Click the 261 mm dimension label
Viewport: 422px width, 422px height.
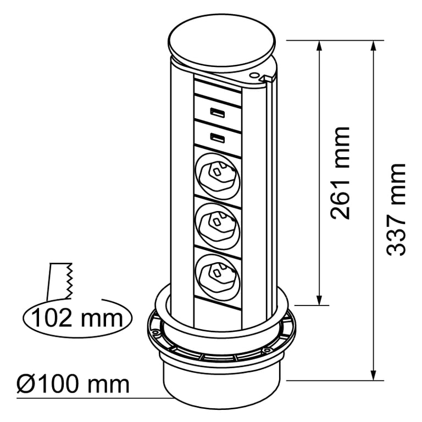[x=340, y=173]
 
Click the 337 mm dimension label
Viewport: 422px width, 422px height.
[x=396, y=210]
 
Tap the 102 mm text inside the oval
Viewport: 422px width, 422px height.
[x=77, y=318]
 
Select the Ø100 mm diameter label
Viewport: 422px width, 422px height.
[x=73, y=384]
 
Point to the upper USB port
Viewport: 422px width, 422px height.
[x=217, y=113]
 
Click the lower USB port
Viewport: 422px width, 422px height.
[x=217, y=138]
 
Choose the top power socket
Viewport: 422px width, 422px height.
[x=217, y=176]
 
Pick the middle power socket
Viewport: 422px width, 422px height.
[x=217, y=226]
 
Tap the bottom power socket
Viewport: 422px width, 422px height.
[x=217, y=276]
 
